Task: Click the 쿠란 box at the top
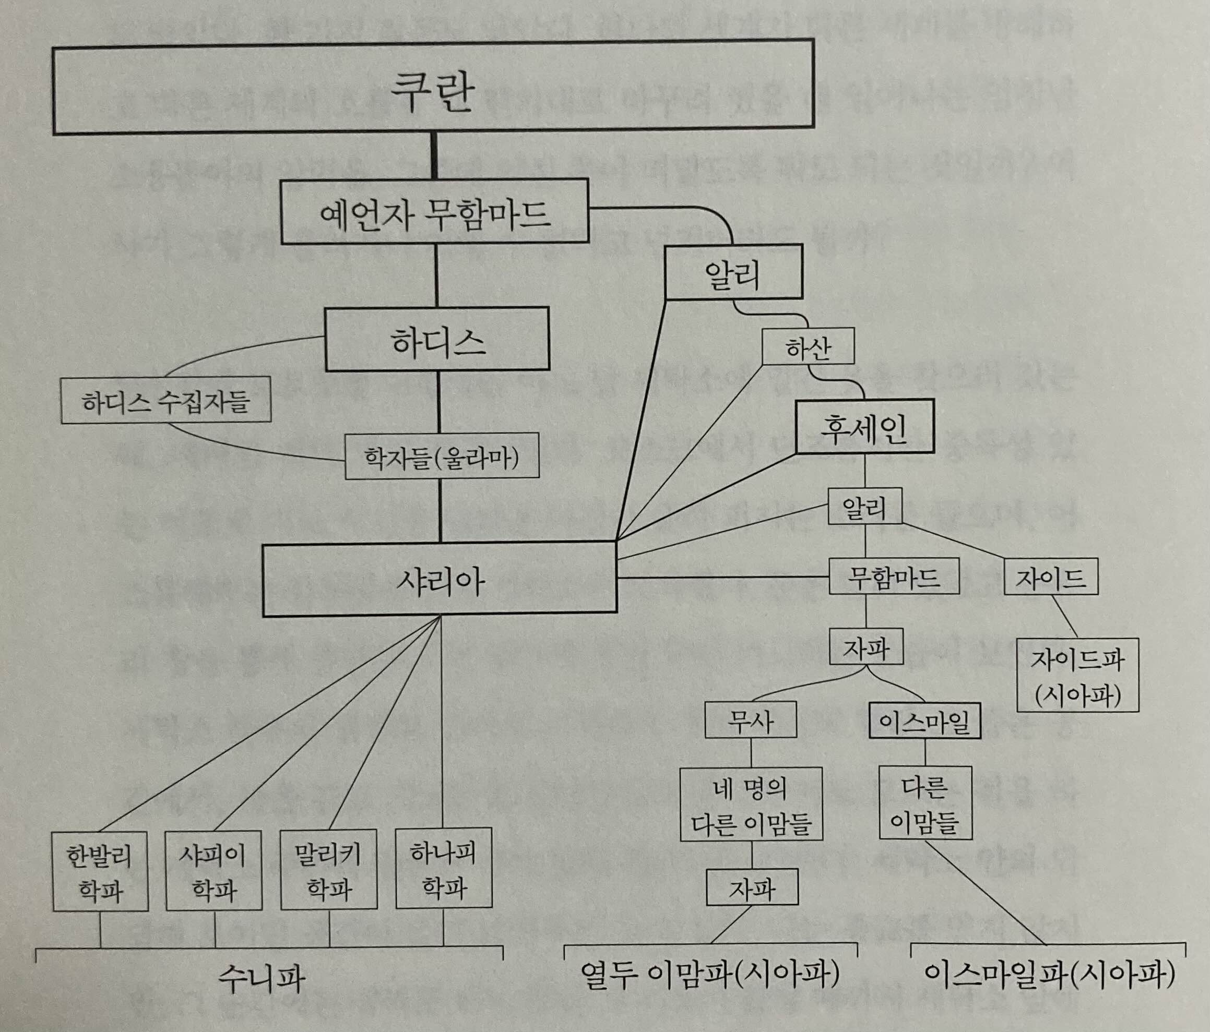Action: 433,88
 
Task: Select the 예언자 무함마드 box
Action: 434,211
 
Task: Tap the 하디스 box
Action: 437,339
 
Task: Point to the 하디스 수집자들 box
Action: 166,400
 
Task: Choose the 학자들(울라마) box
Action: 442,457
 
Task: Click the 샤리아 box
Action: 440,579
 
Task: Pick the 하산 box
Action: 808,347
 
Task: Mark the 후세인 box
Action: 865,427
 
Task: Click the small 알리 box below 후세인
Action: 865,506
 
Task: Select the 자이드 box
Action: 1051,577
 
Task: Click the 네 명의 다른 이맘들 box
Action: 751,804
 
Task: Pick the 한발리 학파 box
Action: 100,871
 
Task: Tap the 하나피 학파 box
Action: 444,868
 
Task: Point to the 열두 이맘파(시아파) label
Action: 709,974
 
